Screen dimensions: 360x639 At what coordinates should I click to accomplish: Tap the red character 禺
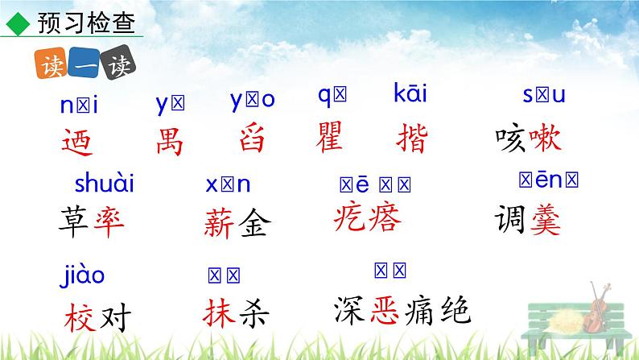[170, 141]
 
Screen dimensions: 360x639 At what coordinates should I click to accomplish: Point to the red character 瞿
[331, 138]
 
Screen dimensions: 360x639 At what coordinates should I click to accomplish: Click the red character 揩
[412, 138]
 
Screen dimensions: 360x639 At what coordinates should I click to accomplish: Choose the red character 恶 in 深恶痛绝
[389, 308]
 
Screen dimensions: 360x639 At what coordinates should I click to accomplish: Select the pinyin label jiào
[82, 275]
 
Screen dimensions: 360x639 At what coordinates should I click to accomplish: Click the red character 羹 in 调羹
[545, 219]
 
